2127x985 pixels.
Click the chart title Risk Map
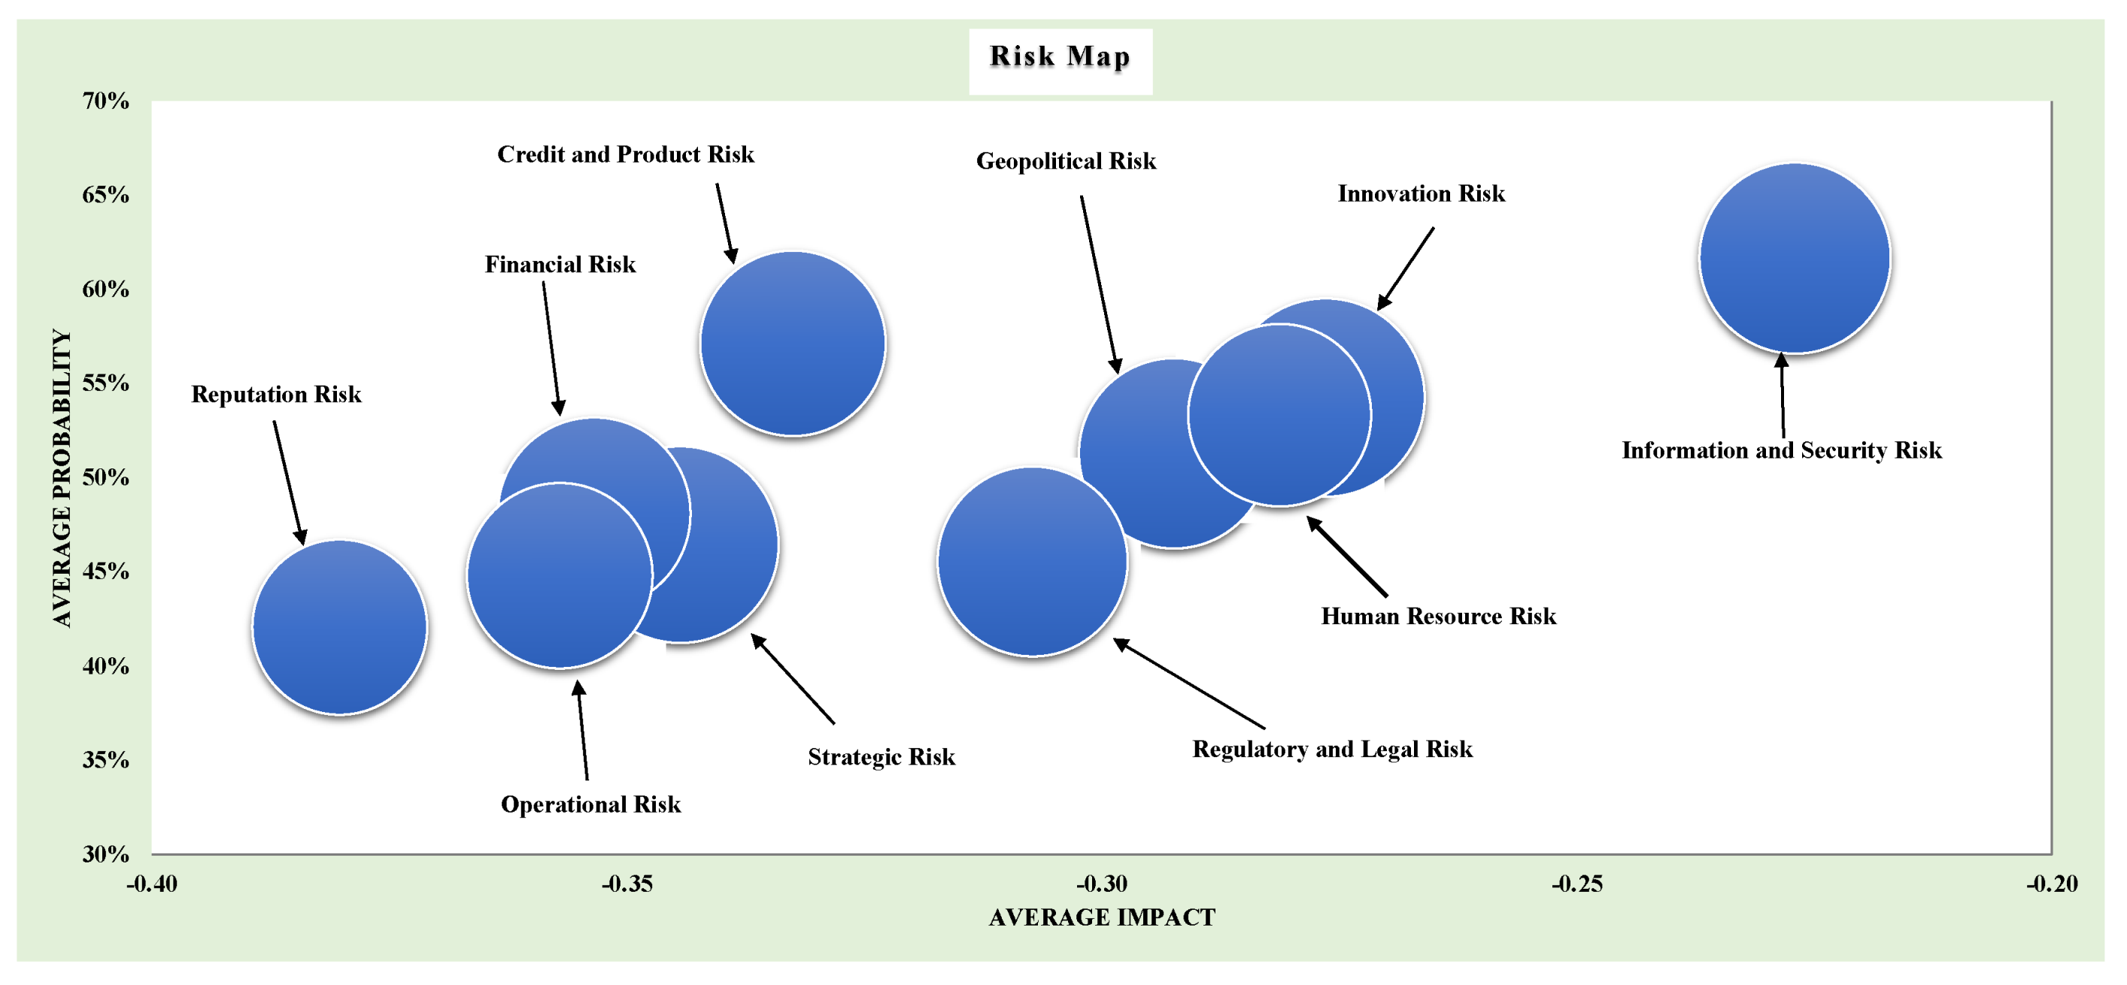1060,56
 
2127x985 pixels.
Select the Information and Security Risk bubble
1795,259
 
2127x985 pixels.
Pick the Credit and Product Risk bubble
793,343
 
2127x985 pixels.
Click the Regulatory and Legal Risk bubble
1032,562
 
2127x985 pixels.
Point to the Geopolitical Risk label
1066,161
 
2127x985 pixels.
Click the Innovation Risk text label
1421,193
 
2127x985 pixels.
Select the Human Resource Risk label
1438,616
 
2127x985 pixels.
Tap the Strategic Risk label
881,756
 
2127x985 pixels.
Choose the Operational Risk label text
590,805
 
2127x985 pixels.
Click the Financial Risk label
560,264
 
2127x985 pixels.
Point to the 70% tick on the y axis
106,101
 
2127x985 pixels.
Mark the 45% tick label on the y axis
106,571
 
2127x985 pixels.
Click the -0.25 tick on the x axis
1576,883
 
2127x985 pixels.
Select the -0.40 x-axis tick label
152,883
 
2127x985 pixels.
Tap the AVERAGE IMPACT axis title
1101,917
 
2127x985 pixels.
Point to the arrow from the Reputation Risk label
290,483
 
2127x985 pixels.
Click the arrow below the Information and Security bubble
1783,396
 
